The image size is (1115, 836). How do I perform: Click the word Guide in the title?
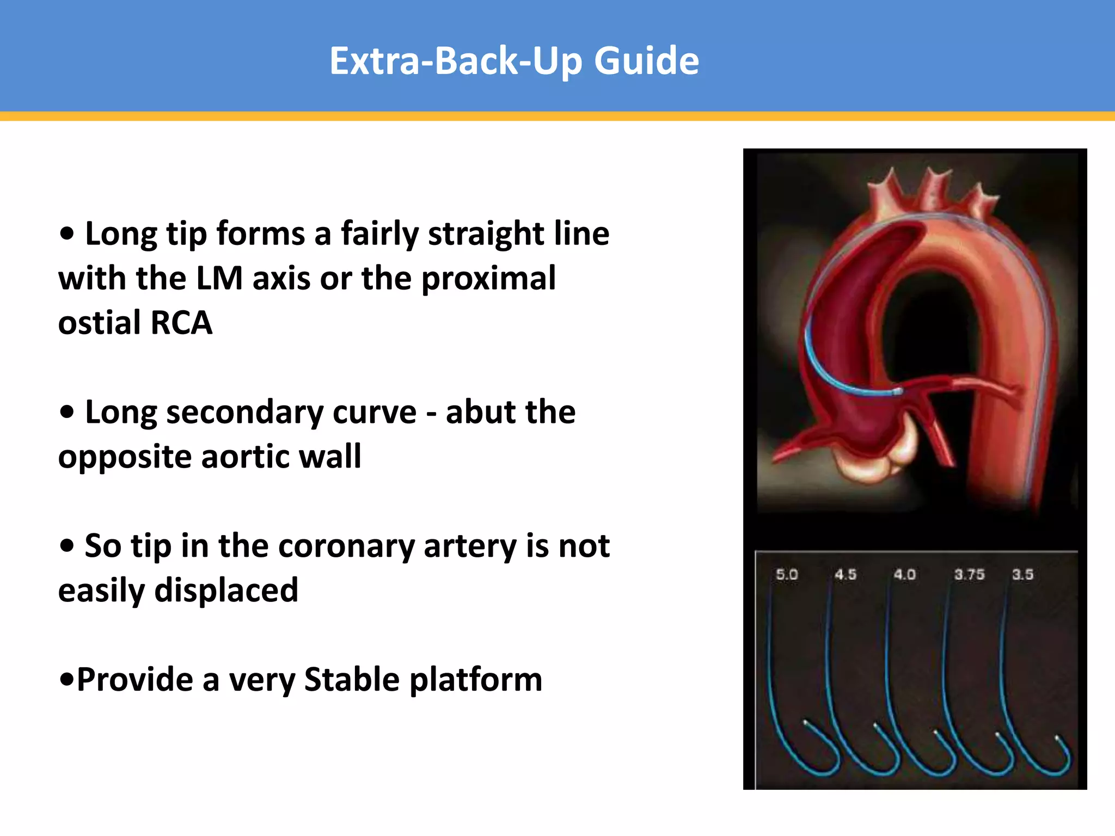point(646,61)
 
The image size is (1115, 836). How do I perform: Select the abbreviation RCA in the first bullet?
point(181,323)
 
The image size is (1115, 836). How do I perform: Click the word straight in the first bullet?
point(486,234)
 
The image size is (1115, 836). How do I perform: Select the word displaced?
point(226,591)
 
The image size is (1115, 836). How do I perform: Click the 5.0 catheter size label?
point(787,574)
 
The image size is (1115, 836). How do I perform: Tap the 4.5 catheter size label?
point(846,574)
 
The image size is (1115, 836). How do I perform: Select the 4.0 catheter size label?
point(904,574)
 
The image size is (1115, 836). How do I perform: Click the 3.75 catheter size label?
point(969,574)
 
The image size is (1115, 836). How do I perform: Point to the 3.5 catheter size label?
point(1022,574)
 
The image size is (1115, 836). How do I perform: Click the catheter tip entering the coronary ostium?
point(897,391)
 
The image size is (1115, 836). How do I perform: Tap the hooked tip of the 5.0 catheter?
point(806,723)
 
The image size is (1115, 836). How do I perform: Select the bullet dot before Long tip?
point(67,234)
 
